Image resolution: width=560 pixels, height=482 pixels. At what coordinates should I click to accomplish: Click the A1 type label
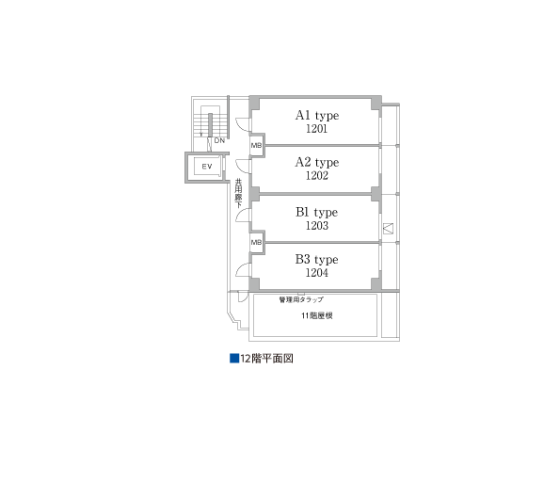click(x=316, y=116)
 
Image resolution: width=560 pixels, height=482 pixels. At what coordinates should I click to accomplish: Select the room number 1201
click(x=316, y=129)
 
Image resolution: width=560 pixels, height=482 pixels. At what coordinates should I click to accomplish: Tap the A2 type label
click(x=316, y=162)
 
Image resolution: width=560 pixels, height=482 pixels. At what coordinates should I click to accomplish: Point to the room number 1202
click(x=316, y=175)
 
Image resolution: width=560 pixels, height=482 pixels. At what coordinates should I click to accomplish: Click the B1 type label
click(x=316, y=213)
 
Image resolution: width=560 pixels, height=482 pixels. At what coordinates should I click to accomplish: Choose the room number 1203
click(x=316, y=226)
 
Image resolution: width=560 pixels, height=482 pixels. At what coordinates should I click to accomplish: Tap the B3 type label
click(x=316, y=259)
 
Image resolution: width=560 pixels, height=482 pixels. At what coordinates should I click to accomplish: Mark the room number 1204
click(x=316, y=273)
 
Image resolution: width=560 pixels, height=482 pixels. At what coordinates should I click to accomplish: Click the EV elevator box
click(x=206, y=167)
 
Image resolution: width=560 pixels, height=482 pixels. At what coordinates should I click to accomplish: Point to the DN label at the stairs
click(x=218, y=140)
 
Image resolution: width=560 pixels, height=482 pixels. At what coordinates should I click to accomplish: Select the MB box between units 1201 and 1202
click(x=256, y=145)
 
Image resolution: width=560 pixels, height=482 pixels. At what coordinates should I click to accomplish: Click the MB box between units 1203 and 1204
click(x=256, y=242)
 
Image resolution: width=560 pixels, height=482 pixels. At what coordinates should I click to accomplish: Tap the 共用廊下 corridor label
click(x=239, y=193)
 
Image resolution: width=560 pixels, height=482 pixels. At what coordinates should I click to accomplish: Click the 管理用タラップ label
click(x=301, y=299)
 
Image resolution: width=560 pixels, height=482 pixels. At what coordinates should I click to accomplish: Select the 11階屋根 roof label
click(x=316, y=315)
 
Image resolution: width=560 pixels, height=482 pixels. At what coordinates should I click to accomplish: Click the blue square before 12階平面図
click(x=234, y=359)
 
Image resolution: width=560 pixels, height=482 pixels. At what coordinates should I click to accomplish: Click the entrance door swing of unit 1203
click(x=242, y=216)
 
